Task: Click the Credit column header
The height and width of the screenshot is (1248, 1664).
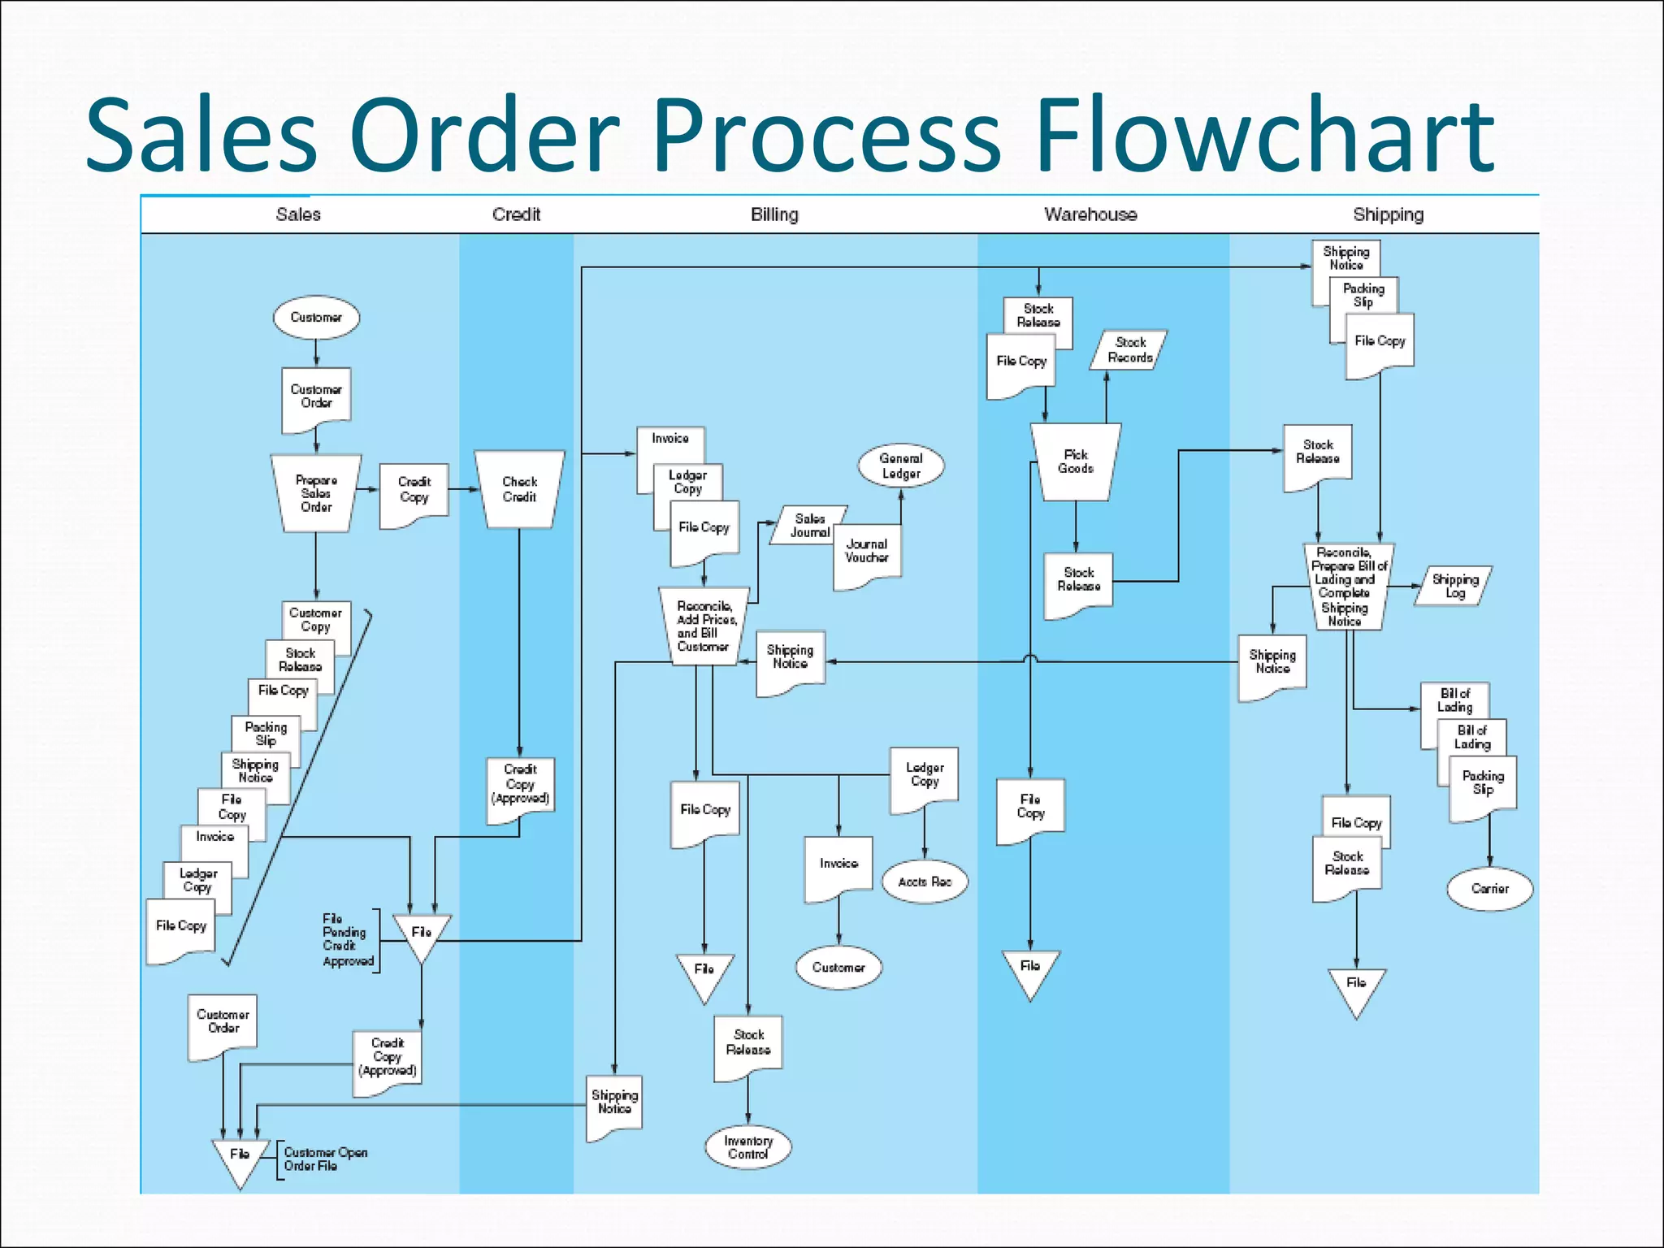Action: click(516, 214)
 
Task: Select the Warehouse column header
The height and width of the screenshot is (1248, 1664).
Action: click(1090, 214)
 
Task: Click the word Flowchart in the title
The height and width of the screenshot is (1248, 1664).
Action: click(1264, 134)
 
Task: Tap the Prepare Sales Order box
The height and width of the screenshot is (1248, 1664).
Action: click(316, 493)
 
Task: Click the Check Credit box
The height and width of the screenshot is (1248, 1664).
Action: click(519, 489)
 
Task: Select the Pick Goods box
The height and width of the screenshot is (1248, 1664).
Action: click(1076, 461)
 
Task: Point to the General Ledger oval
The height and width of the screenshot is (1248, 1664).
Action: click(901, 466)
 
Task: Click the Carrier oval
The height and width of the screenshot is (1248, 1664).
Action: click(1489, 889)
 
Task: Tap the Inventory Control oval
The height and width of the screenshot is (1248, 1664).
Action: click(747, 1147)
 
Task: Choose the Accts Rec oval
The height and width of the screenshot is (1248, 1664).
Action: click(925, 882)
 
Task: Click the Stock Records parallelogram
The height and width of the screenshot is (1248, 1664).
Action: click(1130, 350)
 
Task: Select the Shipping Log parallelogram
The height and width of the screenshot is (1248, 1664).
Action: click(1454, 586)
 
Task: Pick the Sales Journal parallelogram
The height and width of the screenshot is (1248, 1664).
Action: click(809, 525)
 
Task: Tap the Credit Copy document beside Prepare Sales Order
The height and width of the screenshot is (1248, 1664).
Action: click(414, 492)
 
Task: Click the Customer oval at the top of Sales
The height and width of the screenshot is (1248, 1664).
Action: click(316, 317)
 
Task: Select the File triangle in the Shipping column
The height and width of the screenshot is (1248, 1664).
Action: click(1356, 988)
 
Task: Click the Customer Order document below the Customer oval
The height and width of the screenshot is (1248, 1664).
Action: click(316, 397)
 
